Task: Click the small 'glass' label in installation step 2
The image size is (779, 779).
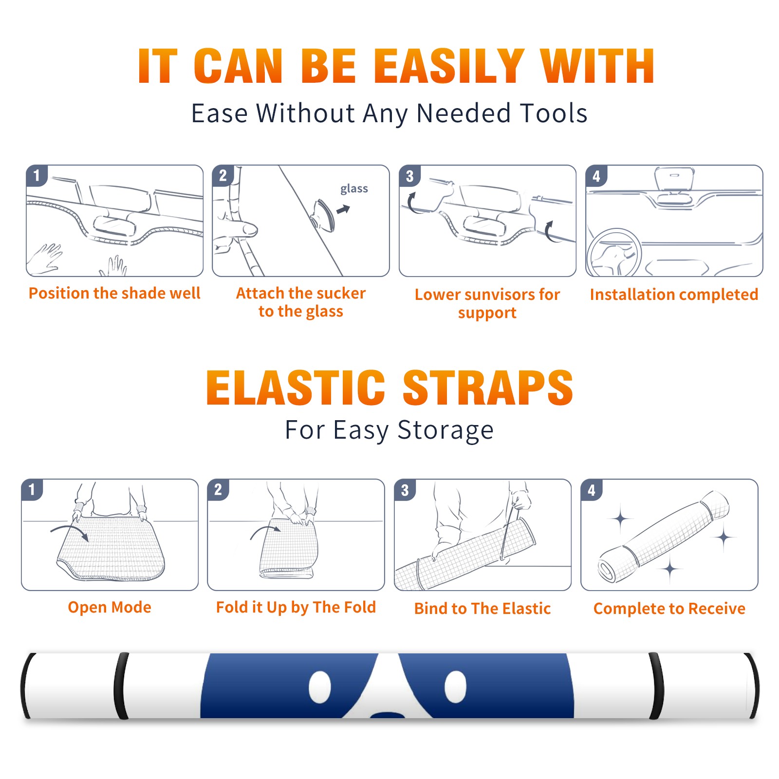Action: (x=354, y=189)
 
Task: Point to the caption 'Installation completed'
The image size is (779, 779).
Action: (x=674, y=295)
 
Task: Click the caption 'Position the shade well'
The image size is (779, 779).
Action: (x=114, y=293)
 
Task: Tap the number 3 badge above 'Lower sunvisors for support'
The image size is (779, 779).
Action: (x=409, y=176)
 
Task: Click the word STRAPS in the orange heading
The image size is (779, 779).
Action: (x=488, y=388)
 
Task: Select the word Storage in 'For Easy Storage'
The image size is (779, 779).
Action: (x=445, y=430)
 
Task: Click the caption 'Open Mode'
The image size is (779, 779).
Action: (x=110, y=607)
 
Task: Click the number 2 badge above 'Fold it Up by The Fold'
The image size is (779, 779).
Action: (x=218, y=489)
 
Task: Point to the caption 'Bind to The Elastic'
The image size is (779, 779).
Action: (x=482, y=609)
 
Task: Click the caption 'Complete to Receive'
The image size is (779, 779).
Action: (x=669, y=609)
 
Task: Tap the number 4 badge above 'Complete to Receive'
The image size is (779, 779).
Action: (x=592, y=489)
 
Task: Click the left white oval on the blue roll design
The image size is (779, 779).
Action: (x=320, y=687)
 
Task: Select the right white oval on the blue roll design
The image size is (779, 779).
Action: (x=456, y=686)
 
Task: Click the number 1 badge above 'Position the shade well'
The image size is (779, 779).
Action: (x=37, y=175)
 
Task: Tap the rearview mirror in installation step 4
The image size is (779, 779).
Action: (x=674, y=179)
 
